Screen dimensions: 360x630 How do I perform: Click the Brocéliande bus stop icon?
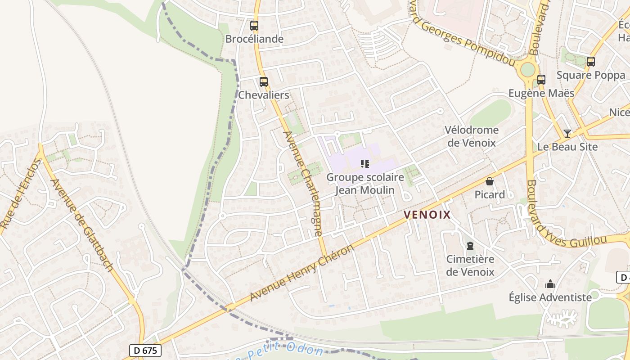point(254,26)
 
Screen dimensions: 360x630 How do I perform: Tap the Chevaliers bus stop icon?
point(264,82)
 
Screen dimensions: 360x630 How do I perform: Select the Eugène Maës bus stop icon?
point(541,80)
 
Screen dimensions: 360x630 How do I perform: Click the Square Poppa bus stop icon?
point(591,62)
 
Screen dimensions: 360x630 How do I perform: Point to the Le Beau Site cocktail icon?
point(567,133)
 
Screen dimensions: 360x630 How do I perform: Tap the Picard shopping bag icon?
point(490,181)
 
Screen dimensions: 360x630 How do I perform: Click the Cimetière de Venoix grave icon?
point(470,246)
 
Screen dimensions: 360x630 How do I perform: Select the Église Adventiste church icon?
point(550,284)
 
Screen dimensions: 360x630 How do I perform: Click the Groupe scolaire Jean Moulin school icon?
point(365,164)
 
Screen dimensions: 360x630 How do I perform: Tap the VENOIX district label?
point(427,215)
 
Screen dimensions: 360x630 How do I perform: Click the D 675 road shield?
point(145,350)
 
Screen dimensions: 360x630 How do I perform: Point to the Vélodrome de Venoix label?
point(471,136)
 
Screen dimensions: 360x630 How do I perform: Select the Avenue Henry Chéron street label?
point(302,274)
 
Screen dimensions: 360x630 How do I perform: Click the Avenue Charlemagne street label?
point(302,184)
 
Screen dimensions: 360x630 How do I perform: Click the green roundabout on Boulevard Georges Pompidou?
point(527,70)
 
